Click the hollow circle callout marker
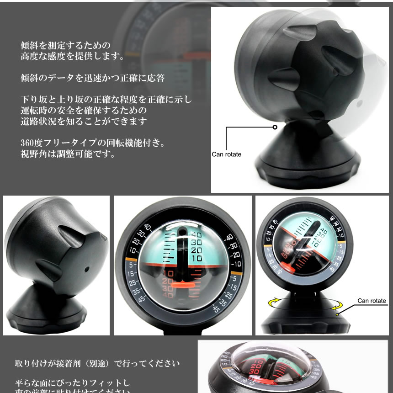[275, 127]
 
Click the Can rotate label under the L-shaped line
[226, 154]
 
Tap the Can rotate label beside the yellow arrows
[372, 301]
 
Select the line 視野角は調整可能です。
[67, 154]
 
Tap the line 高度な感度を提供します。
[72, 57]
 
